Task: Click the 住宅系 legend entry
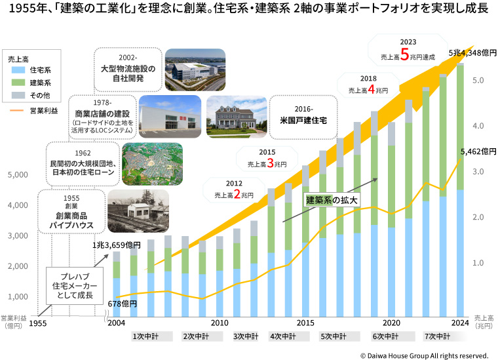pos(31,70)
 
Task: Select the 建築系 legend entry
pos(31,83)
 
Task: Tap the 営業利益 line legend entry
pos(31,110)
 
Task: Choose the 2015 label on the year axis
pos(306,323)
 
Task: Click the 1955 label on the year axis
pos(39,323)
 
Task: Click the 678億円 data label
pos(122,304)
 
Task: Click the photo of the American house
pos(236,115)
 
